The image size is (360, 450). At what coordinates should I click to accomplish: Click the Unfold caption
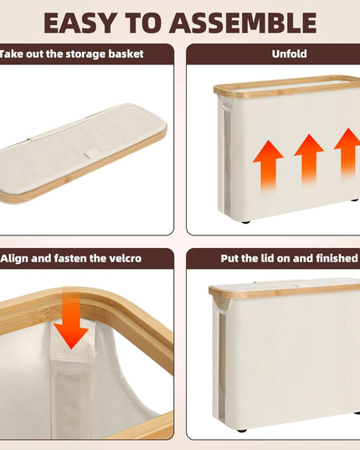289,54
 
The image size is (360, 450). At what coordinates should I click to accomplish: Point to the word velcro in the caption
121,258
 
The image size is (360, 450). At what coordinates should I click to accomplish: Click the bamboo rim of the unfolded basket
285,87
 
